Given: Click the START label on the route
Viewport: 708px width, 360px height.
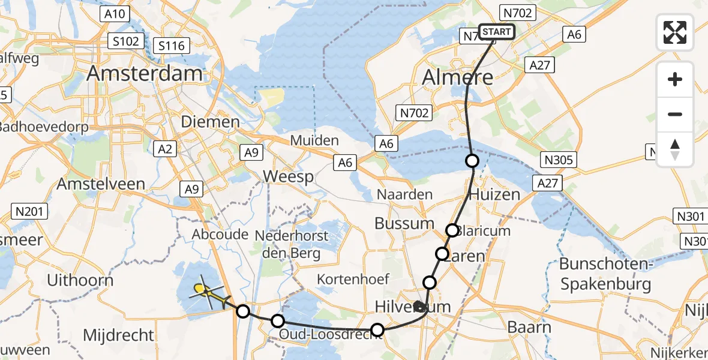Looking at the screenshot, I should [x=496, y=32].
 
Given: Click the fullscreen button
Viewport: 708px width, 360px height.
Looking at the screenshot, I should [x=675, y=32].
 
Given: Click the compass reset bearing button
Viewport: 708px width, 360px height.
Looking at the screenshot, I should [x=675, y=149].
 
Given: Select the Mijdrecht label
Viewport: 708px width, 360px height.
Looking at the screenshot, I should [x=119, y=335].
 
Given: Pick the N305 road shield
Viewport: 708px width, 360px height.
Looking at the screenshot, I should [x=559, y=160].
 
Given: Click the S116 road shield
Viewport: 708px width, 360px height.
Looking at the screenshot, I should [x=172, y=45].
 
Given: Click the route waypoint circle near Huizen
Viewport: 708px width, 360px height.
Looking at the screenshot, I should [x=472, y=161].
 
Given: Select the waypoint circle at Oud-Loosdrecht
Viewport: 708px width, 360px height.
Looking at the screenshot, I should [x=377, y=329].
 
